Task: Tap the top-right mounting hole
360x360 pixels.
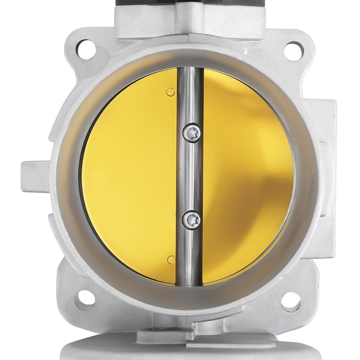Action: click(293, 49)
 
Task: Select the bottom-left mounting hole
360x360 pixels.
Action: click(85, 298)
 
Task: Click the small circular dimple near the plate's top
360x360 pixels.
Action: click(171, 91)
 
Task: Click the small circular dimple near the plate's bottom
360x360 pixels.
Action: click(171, 259)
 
